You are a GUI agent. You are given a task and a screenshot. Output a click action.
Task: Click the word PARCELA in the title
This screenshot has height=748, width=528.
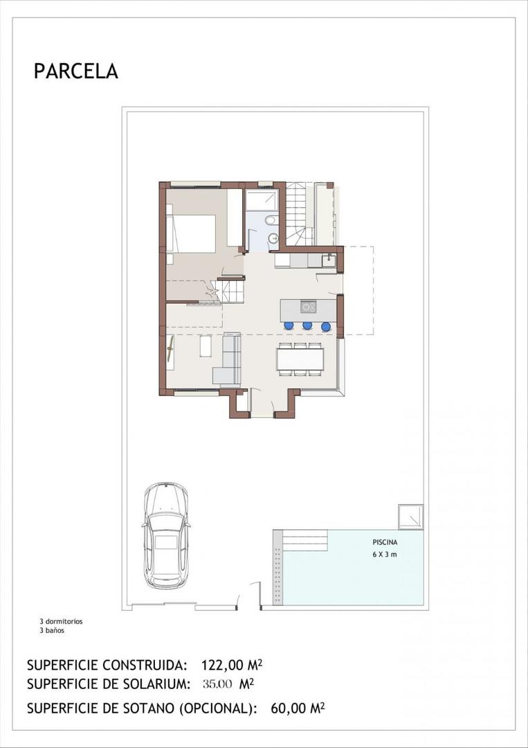76,71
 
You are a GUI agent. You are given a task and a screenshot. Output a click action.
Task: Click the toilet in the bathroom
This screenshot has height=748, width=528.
271,220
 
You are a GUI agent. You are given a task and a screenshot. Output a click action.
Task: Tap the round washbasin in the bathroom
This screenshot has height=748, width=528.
273,238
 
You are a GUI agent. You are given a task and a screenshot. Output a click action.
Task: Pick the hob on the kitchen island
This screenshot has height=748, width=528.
307,306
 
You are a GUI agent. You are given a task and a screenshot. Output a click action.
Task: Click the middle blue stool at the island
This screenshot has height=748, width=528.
307,326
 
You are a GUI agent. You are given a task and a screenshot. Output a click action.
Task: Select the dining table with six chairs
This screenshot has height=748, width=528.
300,359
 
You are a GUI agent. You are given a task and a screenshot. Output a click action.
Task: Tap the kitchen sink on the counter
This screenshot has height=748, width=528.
328,261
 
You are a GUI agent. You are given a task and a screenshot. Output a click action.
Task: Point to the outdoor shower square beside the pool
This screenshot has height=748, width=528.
410,517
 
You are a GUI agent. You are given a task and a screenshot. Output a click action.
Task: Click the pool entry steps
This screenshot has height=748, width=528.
304,540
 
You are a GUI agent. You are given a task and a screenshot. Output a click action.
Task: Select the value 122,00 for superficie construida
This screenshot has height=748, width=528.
223,666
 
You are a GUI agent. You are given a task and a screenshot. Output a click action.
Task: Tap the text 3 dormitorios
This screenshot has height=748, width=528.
61,621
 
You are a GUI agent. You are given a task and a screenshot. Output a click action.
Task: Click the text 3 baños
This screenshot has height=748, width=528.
51,630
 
